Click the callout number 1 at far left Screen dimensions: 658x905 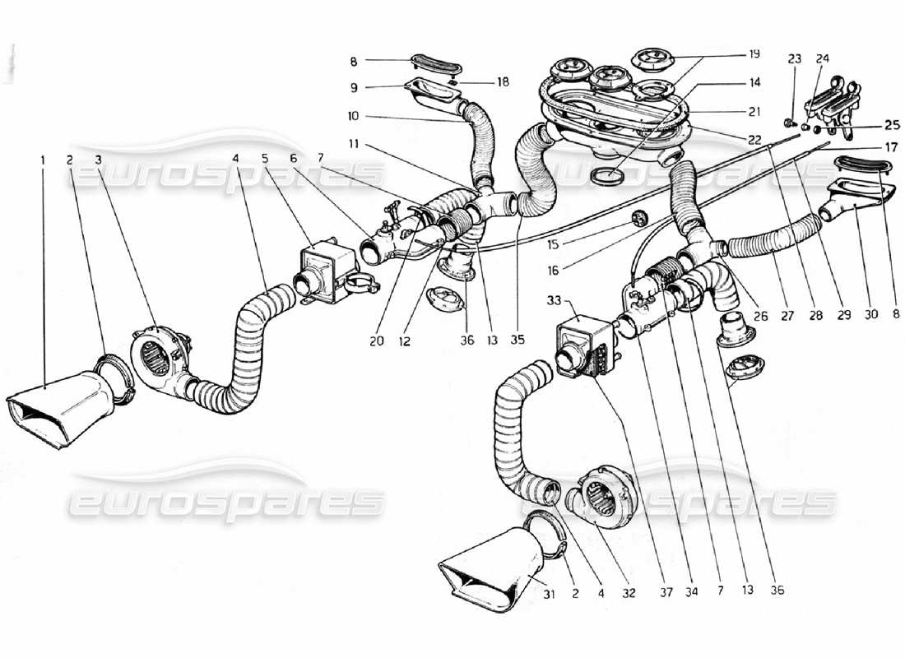pyautogui.click(x=43, y=160)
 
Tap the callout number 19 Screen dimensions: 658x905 pyautogui.click(x=754, y=54)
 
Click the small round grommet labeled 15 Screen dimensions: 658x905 pyautogui.click(x=635, y=217)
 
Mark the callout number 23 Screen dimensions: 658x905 pyautogui.click(x=794, y=59)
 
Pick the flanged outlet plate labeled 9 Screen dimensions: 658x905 pyautogui.click(x=431, y=91)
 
